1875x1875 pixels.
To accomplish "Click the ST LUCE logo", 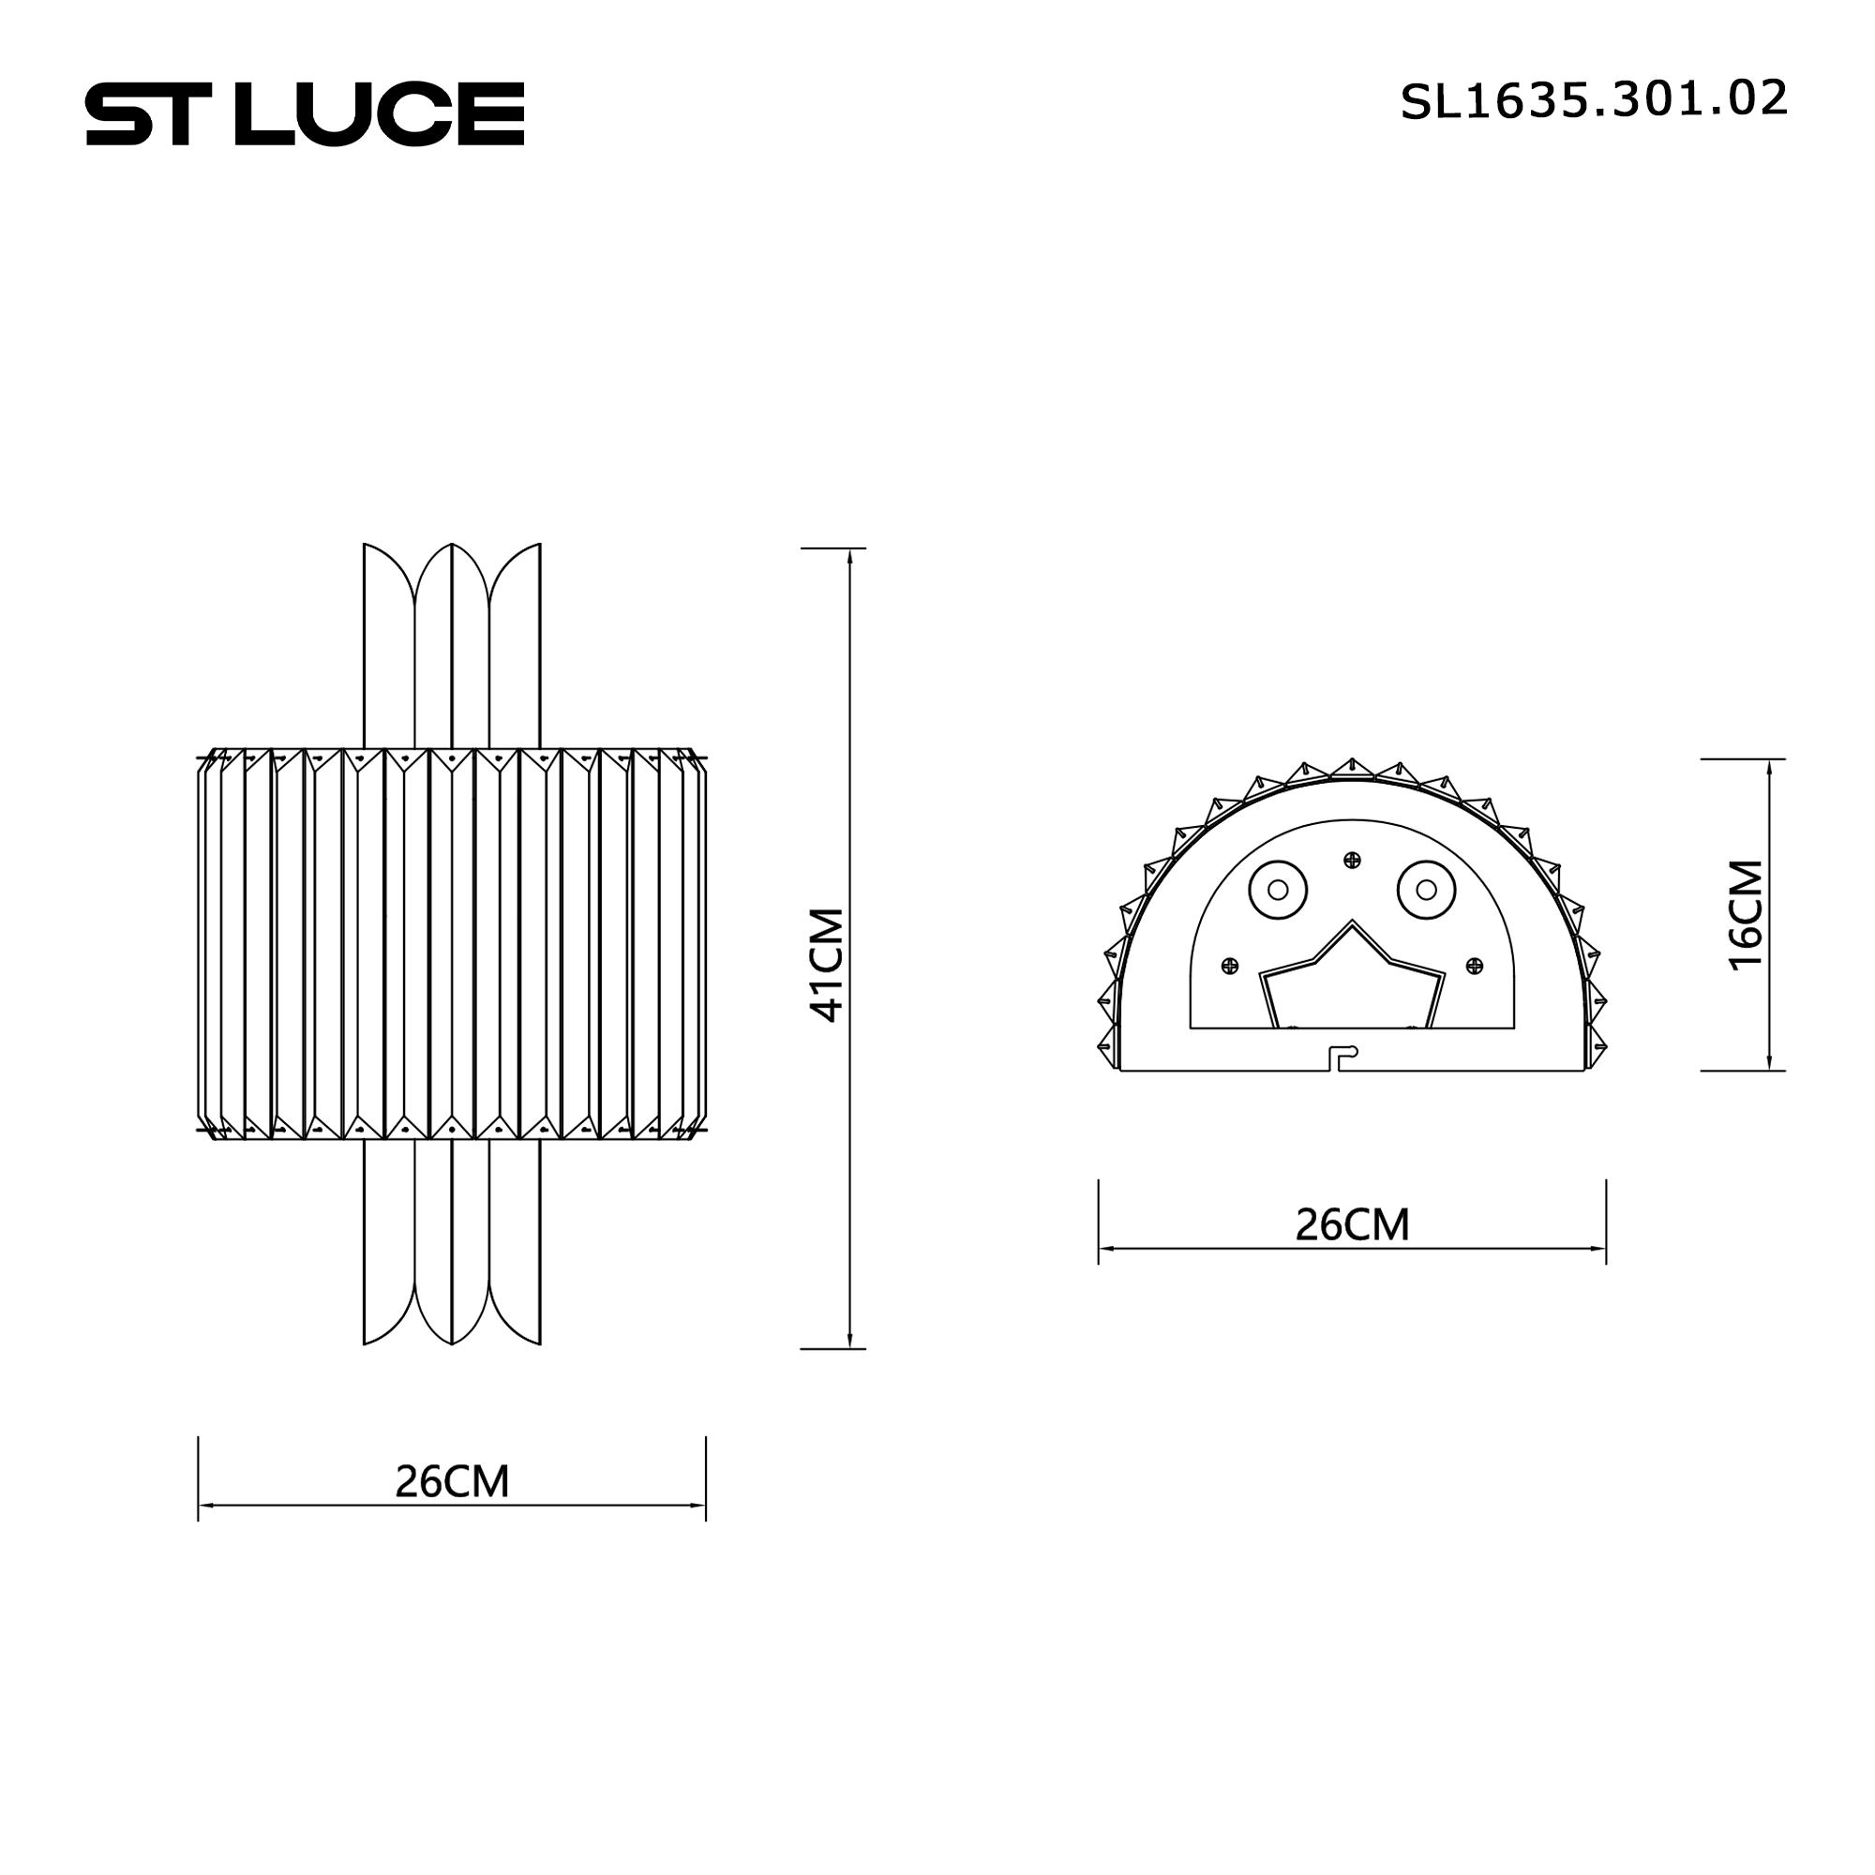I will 305,113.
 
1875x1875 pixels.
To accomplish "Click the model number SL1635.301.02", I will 1593,101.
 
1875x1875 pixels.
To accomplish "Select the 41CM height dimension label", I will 827,965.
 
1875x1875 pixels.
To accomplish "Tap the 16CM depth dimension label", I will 1746,914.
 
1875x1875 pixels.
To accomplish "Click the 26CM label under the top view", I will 1352,1225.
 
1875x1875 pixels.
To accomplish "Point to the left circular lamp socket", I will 1277,889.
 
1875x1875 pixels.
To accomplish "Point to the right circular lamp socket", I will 1427,889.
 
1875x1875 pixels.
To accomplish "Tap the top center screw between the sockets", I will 1352,860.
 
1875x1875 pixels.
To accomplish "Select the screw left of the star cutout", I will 1230,965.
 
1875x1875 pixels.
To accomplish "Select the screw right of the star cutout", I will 1474,965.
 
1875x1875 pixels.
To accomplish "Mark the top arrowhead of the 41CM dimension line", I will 850,556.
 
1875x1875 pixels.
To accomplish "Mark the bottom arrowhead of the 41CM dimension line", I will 850,1342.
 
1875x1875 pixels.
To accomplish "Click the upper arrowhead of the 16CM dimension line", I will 1770,767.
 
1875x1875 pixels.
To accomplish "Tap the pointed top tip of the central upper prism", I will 452,545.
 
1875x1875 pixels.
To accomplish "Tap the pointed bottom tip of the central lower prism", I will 452,1343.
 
